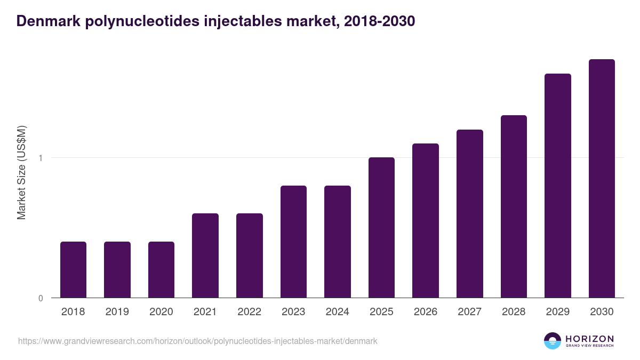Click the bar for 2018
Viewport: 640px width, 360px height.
[73, 269]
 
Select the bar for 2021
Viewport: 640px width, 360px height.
[205, 255]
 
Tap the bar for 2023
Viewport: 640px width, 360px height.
[293, 242]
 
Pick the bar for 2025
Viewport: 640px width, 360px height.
[381, 228]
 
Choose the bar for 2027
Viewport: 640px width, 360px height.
[469, 213]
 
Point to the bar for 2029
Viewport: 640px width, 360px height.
[558, 186]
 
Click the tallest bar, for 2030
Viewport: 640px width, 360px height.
[602, 179]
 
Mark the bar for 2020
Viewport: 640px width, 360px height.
[161, 269]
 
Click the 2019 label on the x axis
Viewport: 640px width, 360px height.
[117, 312]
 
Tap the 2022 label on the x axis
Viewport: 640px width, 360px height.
[250, 312]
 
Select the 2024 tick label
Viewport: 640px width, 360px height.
[338, 312]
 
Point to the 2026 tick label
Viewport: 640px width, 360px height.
[426, 312]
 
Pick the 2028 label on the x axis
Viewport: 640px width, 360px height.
[514, 312]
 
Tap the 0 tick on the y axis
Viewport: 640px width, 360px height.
[41, 298]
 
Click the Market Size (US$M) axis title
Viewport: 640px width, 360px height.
[21, 172]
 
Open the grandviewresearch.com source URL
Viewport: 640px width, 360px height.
[197, 341]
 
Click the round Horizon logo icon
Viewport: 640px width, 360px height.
[553, 341]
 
